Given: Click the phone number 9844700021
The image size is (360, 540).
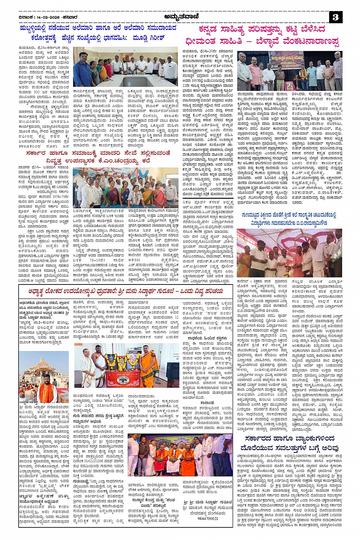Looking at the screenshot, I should (x=208, y=518).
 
